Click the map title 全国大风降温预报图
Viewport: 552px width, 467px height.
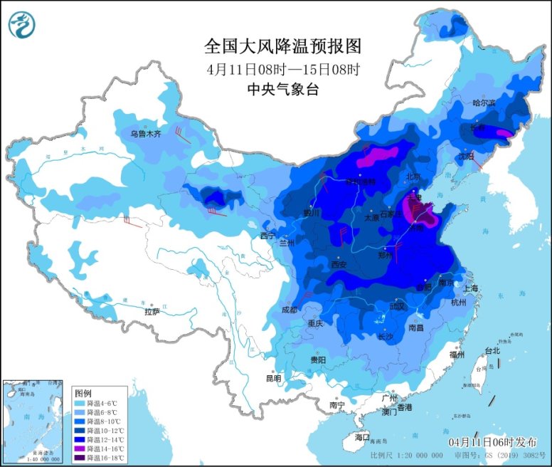tap(283, 47)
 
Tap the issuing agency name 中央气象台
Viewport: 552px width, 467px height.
tap(282, 90)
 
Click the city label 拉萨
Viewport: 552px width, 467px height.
tap(152, 312)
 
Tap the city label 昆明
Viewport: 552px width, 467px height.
tap(273, 378)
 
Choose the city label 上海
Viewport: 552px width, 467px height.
tap(469, 288)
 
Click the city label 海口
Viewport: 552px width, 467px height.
tap(362, 436)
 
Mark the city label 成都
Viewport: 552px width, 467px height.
tap(290, 310)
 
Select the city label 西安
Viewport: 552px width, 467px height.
tap(338, 264)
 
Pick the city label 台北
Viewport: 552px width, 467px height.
tap(492, 350)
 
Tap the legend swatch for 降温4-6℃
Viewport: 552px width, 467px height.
tap(80, 404)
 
